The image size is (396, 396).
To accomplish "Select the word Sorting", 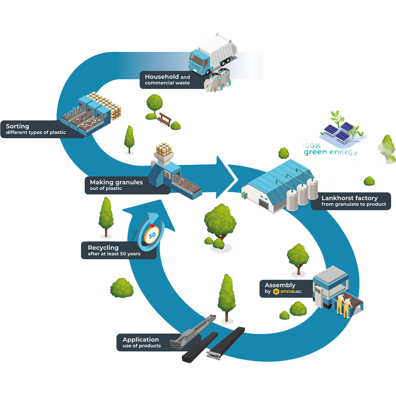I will (x=18, y=126).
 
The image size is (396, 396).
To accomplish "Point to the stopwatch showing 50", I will (x=151, y=233).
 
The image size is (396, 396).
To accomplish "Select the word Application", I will (x=141, y=340).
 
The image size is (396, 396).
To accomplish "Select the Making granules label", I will (x=117, y=185).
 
